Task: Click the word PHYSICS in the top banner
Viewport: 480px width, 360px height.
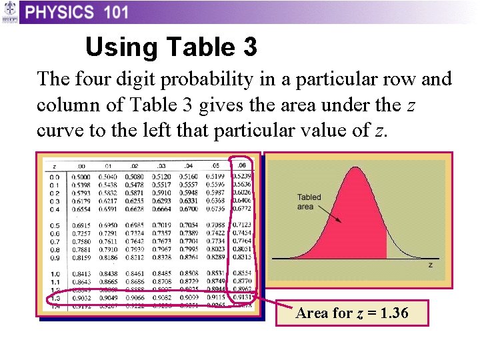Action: [x=60, y=12]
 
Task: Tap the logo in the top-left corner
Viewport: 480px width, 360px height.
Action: [x=9, y=12]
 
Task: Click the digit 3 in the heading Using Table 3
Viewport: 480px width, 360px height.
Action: [x=248, y=47]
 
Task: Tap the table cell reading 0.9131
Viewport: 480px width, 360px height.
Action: [x=242, y=297]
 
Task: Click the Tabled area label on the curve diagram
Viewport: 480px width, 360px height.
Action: [x=309, y=202]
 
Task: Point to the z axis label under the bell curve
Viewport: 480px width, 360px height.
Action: [x=431, y=265]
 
